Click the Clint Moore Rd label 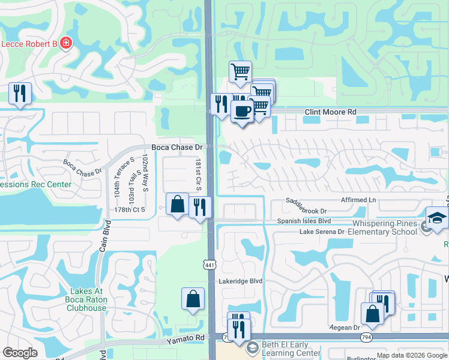pos(330,112)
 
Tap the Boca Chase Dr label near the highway pos(176,147)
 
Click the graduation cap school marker pos(437,218)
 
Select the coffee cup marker pos(242,112)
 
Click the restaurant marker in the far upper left pos(20,93)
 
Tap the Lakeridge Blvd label pos(241,281)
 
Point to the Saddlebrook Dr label pos(306,211)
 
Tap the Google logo pos(20,353)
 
